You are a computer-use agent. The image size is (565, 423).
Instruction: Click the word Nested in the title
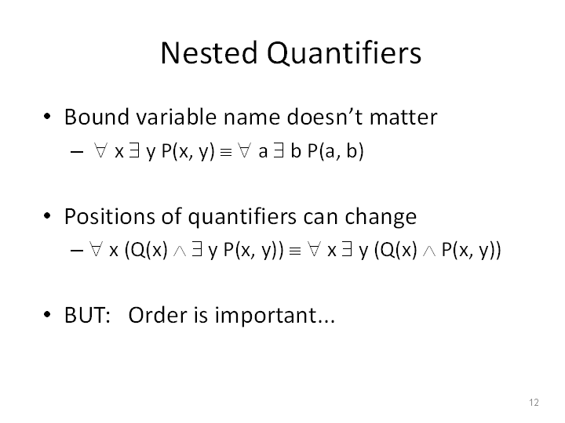[x=209, y=53]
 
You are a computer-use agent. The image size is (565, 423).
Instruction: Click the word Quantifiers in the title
[x=344, y=53]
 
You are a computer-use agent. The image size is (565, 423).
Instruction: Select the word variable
[x=177, y=117]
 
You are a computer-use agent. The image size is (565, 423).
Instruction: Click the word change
[x=381, y=217]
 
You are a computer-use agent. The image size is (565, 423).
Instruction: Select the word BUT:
[x=87, y=315]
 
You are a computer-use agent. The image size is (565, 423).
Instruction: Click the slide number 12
[x=534, y=402]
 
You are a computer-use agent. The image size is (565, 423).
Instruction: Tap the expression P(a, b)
[x=336, y=150]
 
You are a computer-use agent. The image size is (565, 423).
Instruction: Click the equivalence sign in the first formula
[x=225, y=153]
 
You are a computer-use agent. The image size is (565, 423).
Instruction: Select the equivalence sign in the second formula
[x=295, y=251]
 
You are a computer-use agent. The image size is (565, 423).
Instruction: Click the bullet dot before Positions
[x=47, y=216]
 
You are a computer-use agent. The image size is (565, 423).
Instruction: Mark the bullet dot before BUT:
[x=47, y=314]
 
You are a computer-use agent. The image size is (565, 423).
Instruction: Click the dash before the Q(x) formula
[x=77, y=251]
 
